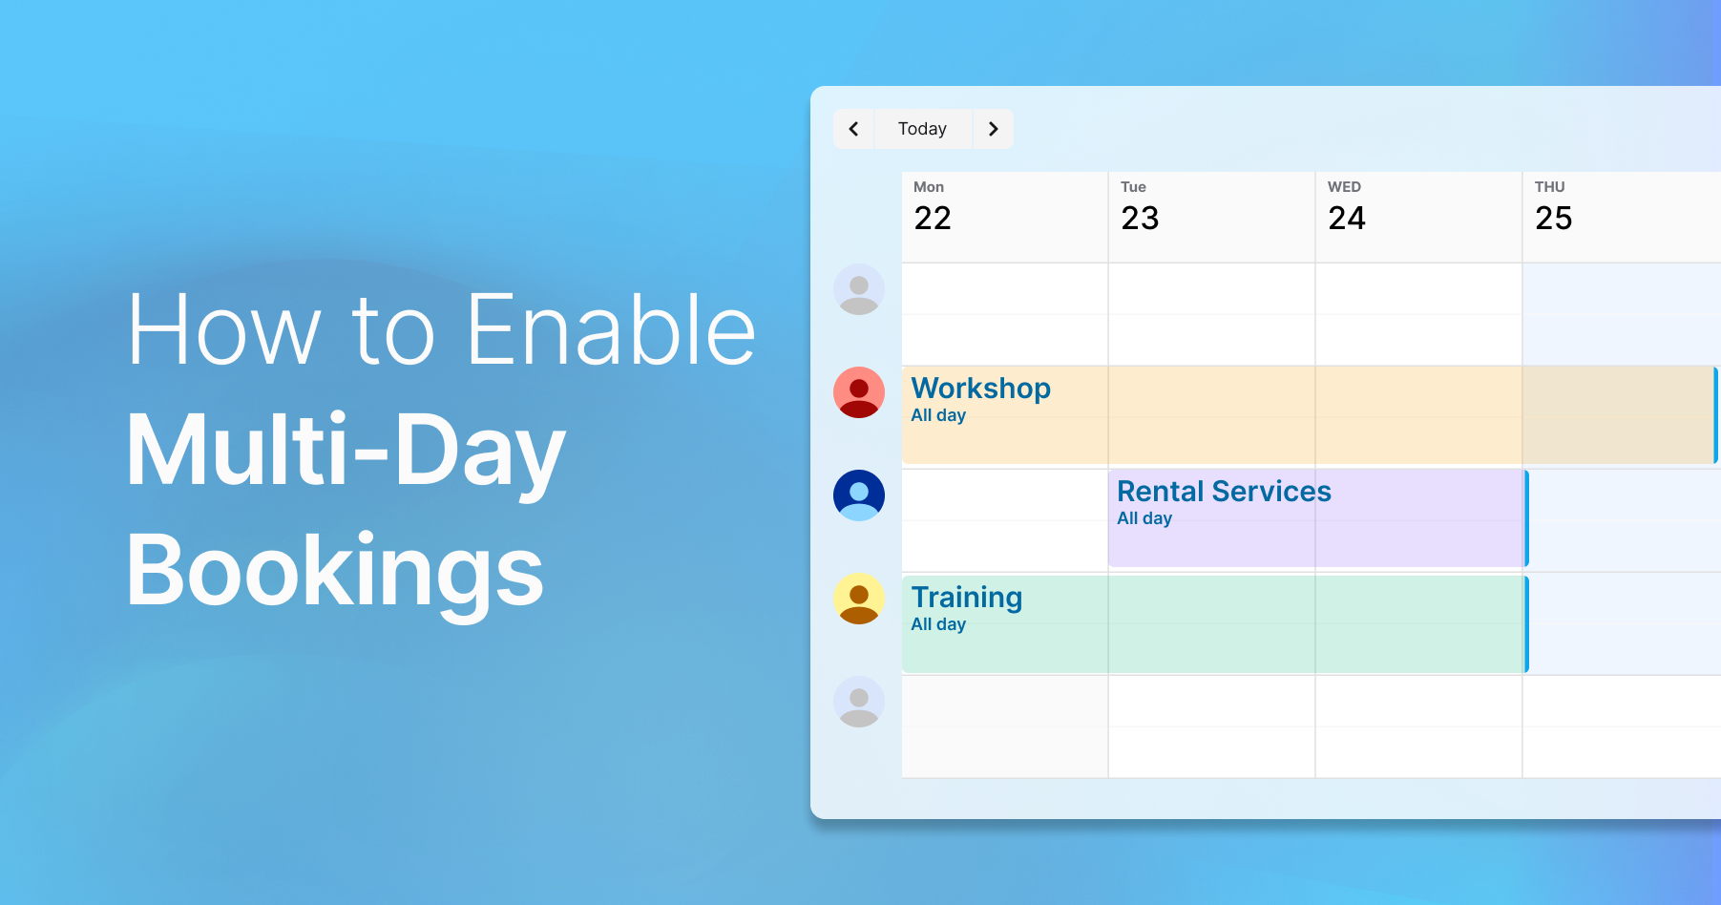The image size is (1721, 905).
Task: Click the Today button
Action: (922, 129)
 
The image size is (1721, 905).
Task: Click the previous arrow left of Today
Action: (854, 129)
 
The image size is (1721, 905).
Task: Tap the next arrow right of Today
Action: (993, 129)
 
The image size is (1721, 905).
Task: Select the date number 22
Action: (933, 219)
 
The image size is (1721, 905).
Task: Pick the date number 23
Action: (1140, 219)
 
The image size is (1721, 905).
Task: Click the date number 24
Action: (1347, 219)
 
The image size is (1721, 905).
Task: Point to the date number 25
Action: (1553, 219)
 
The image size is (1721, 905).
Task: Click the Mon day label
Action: (929, 187)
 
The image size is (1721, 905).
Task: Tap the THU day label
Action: (1549, 187)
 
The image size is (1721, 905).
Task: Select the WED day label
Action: (1344, 187)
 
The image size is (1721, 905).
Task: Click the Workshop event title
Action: (980, 389)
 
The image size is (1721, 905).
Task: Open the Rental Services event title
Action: (1224, 492)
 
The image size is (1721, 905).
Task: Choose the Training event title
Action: (966, 598)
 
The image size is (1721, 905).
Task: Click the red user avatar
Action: (859, 392)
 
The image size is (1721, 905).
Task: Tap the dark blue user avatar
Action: (859, 495)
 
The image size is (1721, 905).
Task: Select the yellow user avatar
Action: (859, 599)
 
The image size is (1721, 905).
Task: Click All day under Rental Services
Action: (1144, 518)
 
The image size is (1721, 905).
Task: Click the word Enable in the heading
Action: (611, 330)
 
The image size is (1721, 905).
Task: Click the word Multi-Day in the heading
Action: (346, 451)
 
